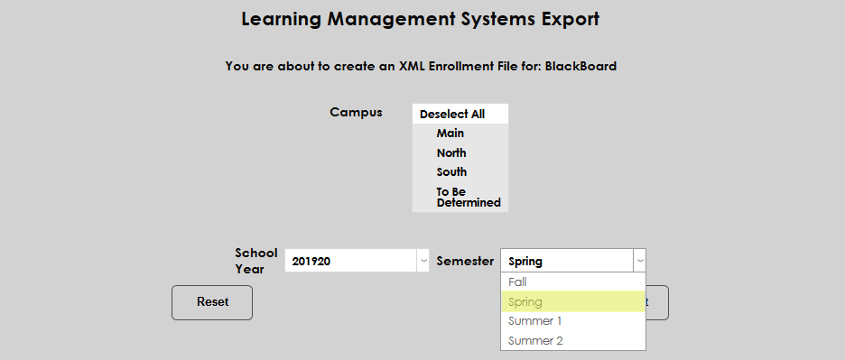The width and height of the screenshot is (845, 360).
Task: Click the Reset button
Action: point(212,302)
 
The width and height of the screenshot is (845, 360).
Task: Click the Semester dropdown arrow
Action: point(640,261)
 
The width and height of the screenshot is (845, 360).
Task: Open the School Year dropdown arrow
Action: point(422,261)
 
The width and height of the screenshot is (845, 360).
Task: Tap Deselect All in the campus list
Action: point(452,115)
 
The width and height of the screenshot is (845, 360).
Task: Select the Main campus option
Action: point(450,134)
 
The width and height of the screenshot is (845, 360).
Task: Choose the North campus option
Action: point(451,153)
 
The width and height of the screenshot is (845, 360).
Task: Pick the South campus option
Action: point(451,172)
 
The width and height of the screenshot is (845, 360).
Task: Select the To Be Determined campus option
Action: point(468,198)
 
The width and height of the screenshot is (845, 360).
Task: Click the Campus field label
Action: point(356,113)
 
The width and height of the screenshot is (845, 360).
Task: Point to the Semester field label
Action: point(465,261)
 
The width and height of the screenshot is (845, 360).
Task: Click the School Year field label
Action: point(255,261)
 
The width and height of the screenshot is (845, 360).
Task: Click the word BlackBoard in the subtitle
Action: point(580,66)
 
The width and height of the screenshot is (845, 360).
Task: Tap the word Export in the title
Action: point(568,19)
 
